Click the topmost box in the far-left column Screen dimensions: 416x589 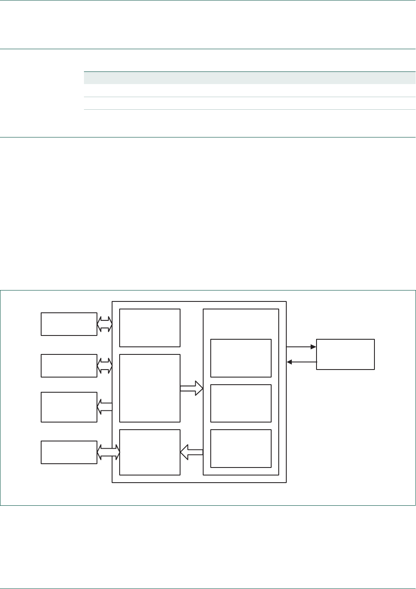click(x=69, y=324)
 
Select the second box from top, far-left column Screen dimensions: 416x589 click(x=69, y=365)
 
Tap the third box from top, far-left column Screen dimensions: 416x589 click(x=69, y=407)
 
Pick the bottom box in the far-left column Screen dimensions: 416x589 click(x=69, y=452)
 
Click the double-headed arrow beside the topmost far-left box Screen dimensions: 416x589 click(x=105, y=324)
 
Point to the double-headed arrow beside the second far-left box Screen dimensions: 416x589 click(x=105, y=365)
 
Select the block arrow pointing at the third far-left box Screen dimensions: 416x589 click(x=105, y=407)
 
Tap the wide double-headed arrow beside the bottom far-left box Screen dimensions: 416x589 click(x=108, y=452)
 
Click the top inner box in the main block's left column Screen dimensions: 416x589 click(x=150, y=328)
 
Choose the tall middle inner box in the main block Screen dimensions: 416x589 click(x=150, y=388)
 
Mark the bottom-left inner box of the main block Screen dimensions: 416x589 click(x=150, y=452)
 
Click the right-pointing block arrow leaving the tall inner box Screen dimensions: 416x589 click(x=191, y=388)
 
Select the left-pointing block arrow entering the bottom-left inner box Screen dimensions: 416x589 click(x=191, y=452)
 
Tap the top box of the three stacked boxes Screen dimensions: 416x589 click(x=241, y=358)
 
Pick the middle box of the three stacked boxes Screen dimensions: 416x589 click(x=241, y=403)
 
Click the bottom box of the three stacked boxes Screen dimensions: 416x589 click(x=241, y=448)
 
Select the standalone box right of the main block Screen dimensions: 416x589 click(x=345, y=354)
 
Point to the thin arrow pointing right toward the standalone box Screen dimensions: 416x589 click(x=301, y=347)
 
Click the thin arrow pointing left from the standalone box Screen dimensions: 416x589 click(x=301, y=362)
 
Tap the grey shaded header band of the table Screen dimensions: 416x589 click(x=250, y=78)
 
